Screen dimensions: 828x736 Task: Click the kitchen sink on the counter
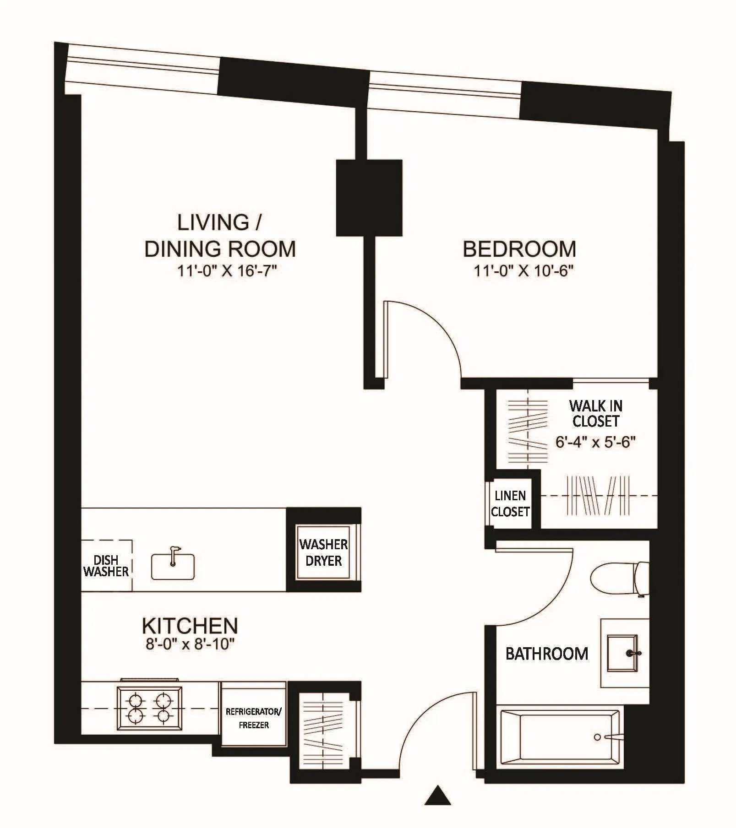[173, 567]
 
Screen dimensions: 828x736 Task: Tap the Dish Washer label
[106, 566]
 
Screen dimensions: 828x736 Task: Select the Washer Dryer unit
[323, 552]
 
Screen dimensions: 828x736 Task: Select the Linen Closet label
[510, 503]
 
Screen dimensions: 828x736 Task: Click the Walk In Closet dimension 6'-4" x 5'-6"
[595, 442]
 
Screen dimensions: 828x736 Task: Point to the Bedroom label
[519, 249]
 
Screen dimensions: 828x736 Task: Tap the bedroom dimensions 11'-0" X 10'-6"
[523, 271]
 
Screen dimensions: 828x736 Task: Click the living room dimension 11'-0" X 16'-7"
[228, 271]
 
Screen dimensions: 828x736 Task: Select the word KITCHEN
[190, 626]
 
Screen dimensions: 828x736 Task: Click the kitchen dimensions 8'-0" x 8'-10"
[190, 644]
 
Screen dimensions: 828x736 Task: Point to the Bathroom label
[547, 654]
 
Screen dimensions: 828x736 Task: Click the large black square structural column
[369, 198]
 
